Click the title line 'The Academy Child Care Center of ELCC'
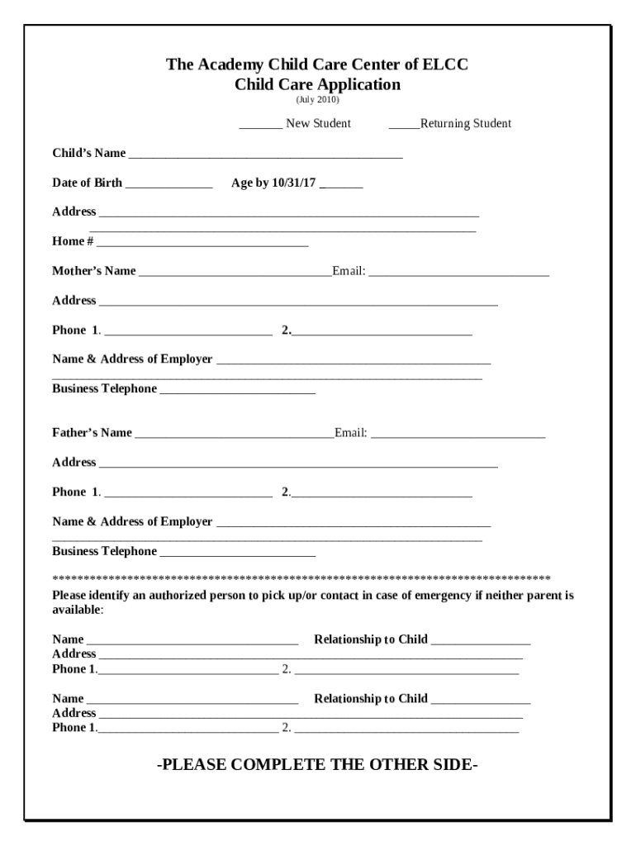click(317, 64)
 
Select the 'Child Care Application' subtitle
click(317, 84)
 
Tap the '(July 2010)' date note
click(317, 99)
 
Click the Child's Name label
click(89, 153)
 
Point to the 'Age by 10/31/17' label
click(274, 183)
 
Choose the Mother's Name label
click(94, 271)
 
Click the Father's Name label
click(92, 433)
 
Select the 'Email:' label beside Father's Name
click(351, 433)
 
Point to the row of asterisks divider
click(301, 577)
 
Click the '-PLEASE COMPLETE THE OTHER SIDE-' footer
click(317, 764)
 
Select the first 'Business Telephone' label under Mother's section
click(104, 388)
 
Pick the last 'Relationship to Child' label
click(371, 699)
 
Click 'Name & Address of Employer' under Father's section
click(132, 521)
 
